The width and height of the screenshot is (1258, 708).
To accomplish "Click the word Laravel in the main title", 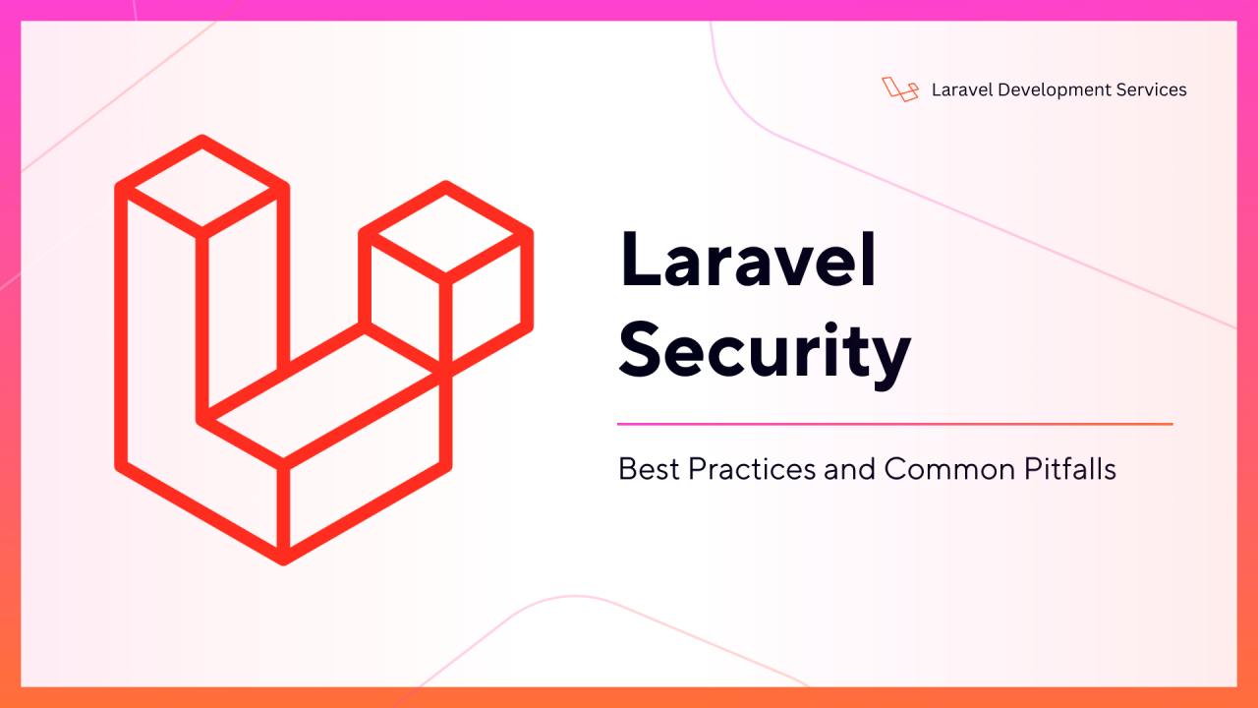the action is pyautogui.click(x=748, y=261).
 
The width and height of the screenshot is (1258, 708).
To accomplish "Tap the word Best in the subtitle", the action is pyautogui.click(x=649, y=469).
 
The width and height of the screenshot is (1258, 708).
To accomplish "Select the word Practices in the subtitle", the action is pyautogui.click(x=752, y=469).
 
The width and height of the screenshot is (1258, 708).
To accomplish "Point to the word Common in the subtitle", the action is pyautogui.click(x=949, y=469).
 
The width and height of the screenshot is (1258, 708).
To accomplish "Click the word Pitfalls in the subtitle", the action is pyautogui.click(x=1070, y=469).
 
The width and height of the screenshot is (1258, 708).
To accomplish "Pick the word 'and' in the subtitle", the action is pyautogui.click(x=849, y=469).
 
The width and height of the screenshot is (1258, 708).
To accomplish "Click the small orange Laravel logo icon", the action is pyautogui.click(x=900, y=89).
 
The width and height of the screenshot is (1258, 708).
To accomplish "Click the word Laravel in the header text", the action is pyautogui.click(x=962, y=89).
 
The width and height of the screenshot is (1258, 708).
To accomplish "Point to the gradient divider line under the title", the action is pyautogui.click(x=895, y=424).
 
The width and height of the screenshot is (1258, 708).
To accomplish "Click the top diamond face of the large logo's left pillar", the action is pyautogui.click(x=202, y=187).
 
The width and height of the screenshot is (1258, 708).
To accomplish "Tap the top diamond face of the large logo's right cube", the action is pyautogui.click(x=446, y=233).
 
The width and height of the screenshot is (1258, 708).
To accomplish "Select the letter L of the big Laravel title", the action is pyautogui.click(x=639, y=261).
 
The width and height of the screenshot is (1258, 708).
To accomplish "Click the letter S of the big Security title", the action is pyautogui.click(x=641, y=349).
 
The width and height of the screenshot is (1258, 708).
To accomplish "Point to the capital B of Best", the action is pyautogui.click(x=628, y=469).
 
